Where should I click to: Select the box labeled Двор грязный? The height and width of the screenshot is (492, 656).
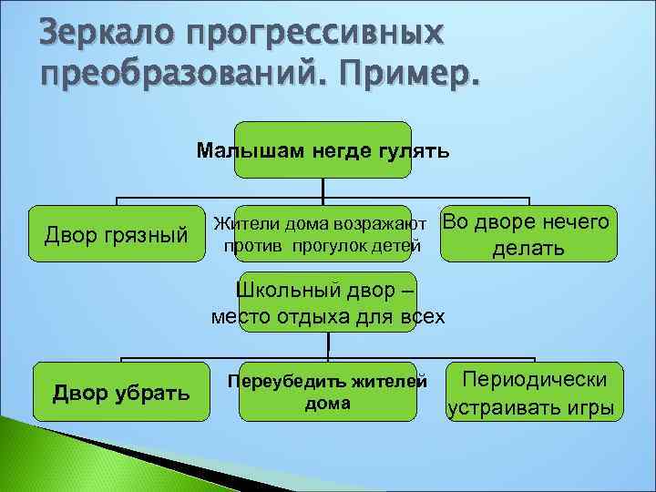pos(116,236)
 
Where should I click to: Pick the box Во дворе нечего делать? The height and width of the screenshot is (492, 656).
pos(528,235)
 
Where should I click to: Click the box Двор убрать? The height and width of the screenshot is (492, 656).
pos(121,393)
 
